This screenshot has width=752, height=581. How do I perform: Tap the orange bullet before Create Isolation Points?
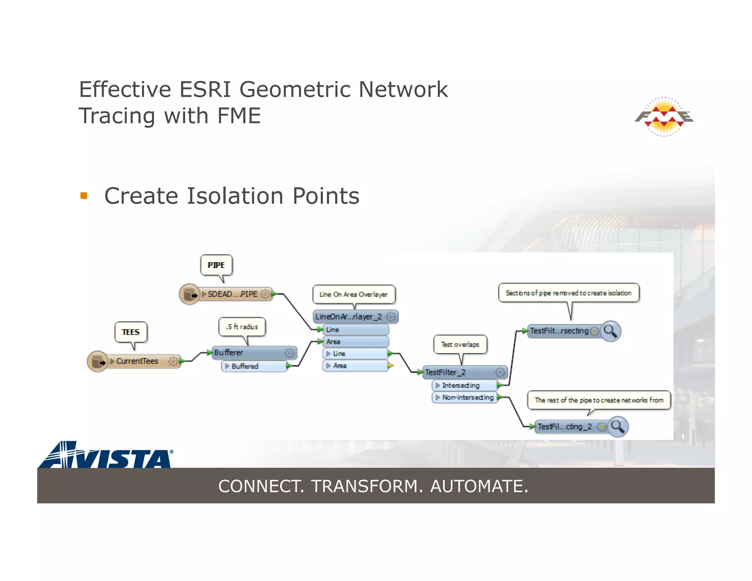(x=84, y=195)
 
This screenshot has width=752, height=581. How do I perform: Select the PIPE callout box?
(x=216, y=265)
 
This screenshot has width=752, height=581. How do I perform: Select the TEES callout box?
(x=131, y=332)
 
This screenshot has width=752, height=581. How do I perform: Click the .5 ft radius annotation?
(x=242, y=326)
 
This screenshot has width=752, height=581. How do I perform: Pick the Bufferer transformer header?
(x=250, y=353)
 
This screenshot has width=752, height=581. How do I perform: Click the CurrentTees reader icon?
(x=98, y=361)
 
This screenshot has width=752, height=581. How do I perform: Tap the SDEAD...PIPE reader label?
(x=232, y=294)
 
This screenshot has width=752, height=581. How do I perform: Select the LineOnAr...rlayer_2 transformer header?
(x=349, y=317)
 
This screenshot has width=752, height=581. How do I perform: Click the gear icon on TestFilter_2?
(x=500, y=372)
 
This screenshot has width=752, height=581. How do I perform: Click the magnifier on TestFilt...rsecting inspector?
(x=611, y=331)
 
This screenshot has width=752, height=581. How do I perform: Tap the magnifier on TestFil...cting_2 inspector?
(x=618, y=427)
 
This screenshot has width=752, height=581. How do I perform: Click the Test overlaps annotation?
(x=460, y=344)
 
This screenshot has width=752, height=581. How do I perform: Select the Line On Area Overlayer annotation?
(x=354, y=294)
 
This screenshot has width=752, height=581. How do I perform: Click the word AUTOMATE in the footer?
(x=479, y=486)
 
